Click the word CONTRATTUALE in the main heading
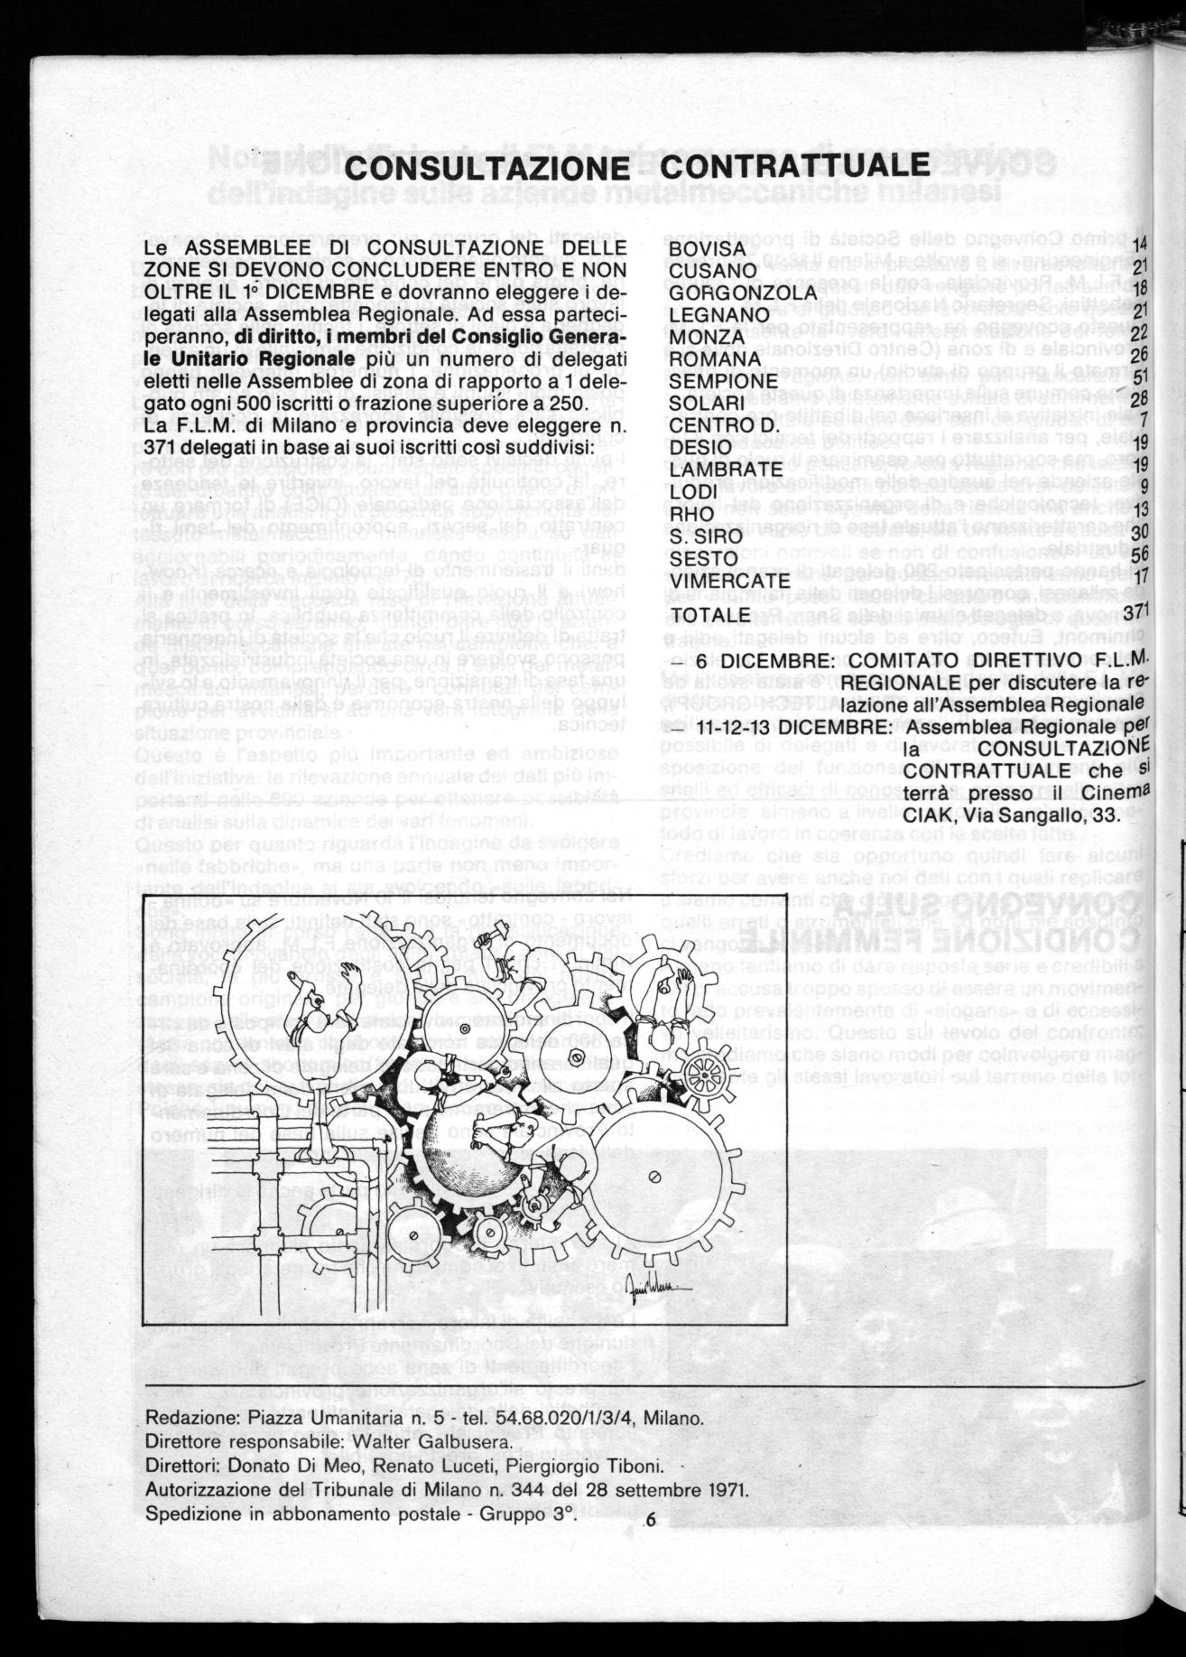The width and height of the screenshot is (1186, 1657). [799, 166]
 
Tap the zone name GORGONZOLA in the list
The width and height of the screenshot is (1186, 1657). [742, 293]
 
